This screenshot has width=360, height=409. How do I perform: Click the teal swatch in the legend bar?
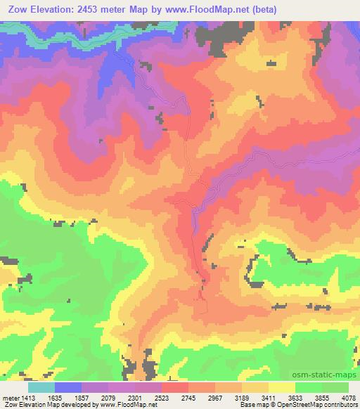click(41, 387)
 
